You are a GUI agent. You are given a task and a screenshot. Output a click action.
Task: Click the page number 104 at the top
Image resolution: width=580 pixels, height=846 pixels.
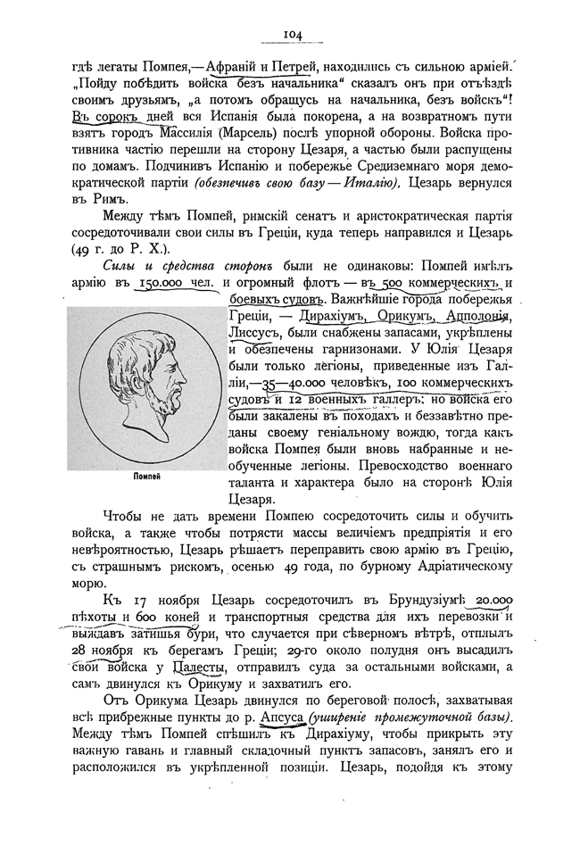pos(291,34)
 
